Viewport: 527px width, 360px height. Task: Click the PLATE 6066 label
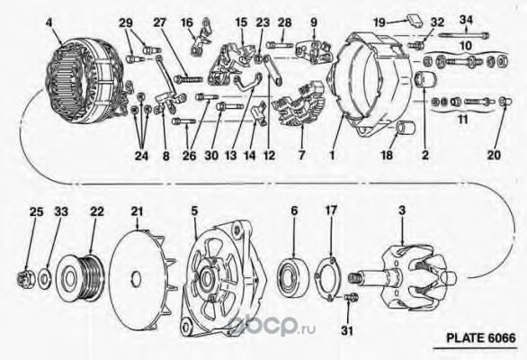(x=480, y=337)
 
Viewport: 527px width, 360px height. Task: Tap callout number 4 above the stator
(x=49, y=22)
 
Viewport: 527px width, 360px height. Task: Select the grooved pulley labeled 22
(x=81, y=278)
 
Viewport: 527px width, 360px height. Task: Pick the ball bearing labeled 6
(x=293, y=276)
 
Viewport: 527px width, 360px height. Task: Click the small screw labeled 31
(x=352, y=297)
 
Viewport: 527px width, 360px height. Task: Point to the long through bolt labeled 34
(x=464, y=35)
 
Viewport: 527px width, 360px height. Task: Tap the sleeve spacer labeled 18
(x=405, y=128)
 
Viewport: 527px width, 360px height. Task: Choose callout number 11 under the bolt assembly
(x=463, y=119)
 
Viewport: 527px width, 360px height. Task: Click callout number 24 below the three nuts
(x=141, y=156)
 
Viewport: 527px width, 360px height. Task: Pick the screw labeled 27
(x=189, y=79)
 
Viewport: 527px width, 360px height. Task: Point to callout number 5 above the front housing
(x=194, y=211)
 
